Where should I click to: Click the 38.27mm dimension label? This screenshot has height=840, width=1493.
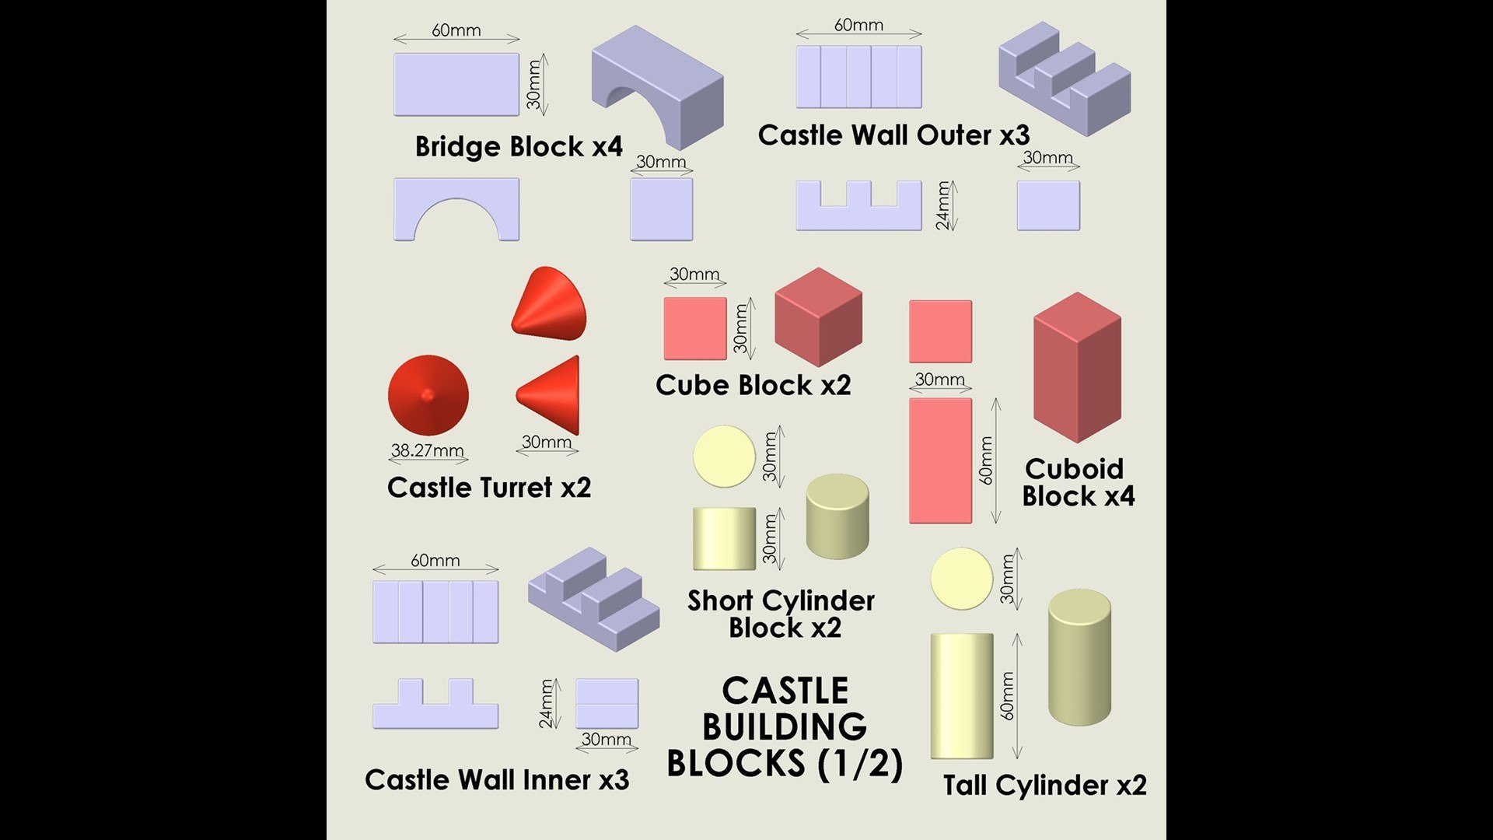(x=427, y=450)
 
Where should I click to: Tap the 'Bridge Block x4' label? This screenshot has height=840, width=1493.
(x=519, y=146)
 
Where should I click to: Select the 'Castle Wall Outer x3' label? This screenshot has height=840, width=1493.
(x=893, y=135)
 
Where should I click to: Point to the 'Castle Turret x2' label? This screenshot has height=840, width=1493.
(x=489, y=488)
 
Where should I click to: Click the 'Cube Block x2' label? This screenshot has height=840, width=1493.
(x=753, y=385)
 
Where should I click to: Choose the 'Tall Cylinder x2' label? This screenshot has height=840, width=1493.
(x=1044, y=785)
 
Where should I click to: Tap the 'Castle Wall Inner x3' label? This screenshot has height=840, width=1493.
(x=497, y=779)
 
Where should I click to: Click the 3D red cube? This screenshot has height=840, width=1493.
(x=819, y=317)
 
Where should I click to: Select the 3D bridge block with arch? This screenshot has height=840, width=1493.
(x=658, y=87)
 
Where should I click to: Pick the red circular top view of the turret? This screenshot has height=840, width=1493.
(x=428, y=395)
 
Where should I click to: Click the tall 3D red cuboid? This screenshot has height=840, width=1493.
(x=1077, y=367)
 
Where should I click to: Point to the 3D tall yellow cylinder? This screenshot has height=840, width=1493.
(x=1079, y=657)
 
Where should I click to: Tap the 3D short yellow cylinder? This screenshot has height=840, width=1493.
(x=837, y=516)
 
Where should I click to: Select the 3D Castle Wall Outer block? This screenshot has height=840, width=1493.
(x=1065, y=79)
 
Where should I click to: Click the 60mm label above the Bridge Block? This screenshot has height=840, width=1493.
(x=456, y=30)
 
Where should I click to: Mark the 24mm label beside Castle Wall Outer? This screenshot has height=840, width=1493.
(x=943, y=205)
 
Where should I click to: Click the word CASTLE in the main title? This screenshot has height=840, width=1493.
(x=785, y=691)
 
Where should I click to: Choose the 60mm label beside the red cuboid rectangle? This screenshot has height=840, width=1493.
(x=986, y=460)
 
